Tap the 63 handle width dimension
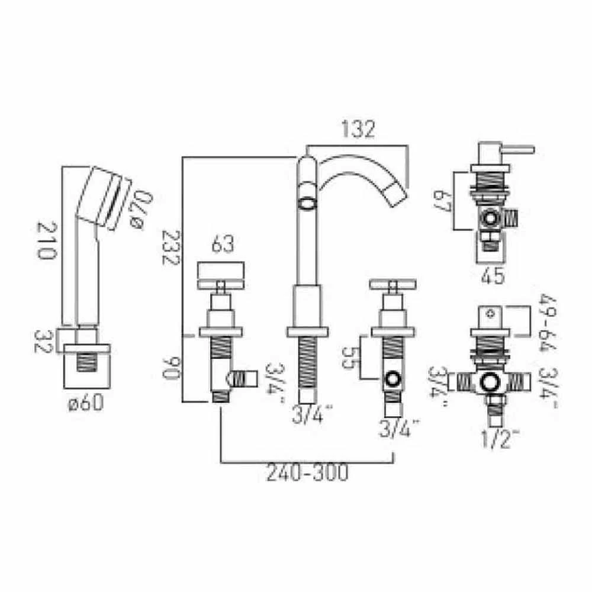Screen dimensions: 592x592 pos(220,244)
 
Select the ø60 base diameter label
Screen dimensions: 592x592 pos(86,404)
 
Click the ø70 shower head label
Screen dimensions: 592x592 pos(136,208)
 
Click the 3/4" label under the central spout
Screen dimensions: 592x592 pos(310,417)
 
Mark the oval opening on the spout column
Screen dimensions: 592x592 pos(307,204)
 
